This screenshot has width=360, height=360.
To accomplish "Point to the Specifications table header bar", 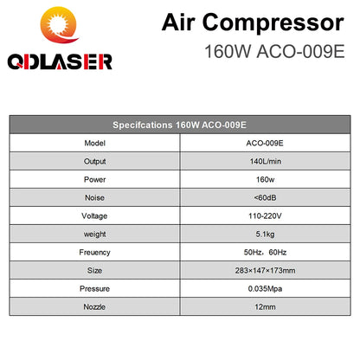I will tap(180, 123).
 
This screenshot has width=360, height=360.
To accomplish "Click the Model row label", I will tap(96, 142).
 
